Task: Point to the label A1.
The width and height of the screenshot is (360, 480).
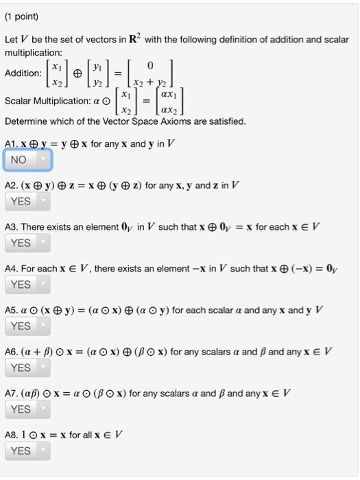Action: click(11, 144)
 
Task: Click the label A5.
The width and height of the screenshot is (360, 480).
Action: click(11, 310)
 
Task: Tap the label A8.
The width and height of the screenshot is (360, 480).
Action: click(11, 435)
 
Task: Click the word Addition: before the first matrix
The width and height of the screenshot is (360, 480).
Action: click(23, 73)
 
